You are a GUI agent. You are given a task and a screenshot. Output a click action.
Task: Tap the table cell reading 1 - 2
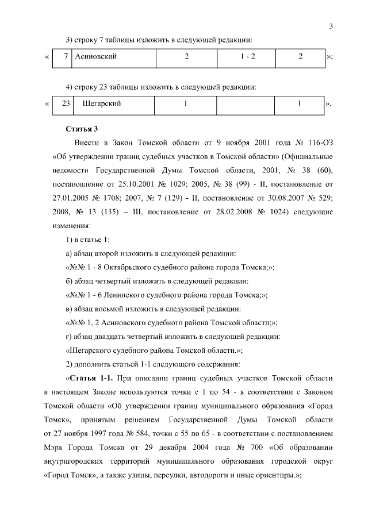coord(247,57)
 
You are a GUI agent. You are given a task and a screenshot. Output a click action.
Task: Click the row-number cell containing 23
coord(65,104)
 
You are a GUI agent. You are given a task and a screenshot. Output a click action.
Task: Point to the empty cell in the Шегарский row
coord(246,104)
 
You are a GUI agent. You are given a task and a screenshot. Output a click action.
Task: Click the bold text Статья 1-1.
coord(91,379)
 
